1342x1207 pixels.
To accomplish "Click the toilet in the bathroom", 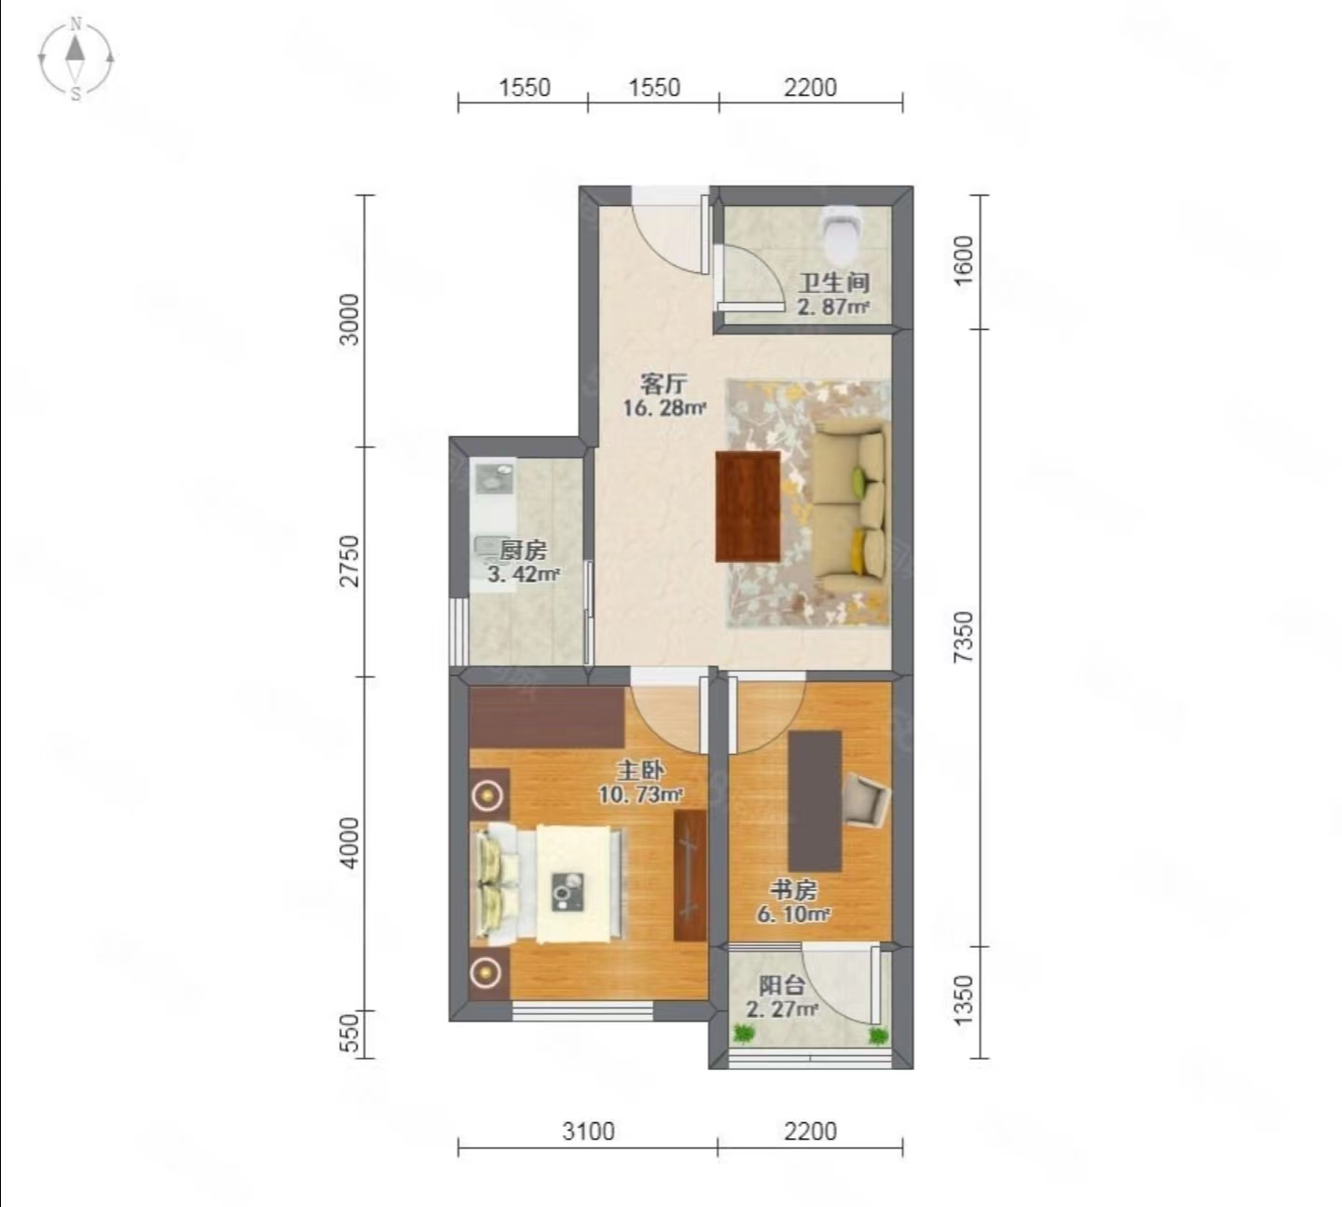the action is [x=841, y=233].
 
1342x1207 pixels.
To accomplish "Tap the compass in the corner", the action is [x=75, y=60].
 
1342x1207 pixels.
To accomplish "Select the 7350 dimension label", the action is [x=964, y=637].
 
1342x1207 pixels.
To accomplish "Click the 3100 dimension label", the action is [x=587, y=1131].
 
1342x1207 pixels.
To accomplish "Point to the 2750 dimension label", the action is [x=349, y=561].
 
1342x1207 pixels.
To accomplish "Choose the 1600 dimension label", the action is [x=964, y=260].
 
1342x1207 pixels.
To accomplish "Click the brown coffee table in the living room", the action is [x=748, y=506].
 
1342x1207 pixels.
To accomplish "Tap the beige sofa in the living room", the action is [x=852, y=506].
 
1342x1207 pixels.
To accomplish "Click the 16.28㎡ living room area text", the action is [x=665, y=407].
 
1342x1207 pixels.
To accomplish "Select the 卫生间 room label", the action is [x=834, y=283].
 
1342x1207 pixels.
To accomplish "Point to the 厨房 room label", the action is [x=523, y=550].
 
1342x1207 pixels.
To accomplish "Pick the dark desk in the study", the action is [x=815, y=801].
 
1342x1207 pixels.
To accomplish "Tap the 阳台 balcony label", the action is [x=781, y=985].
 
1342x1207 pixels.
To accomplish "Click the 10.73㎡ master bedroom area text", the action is [x=640, y=795].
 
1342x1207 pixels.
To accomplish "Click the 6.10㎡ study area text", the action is [x=793, y=914].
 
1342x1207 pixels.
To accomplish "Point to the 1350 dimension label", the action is [x=964, y=1000].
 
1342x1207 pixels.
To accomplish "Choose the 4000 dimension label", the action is [x=349, y=843].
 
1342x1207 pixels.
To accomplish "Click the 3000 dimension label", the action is [x=349, y=319].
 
